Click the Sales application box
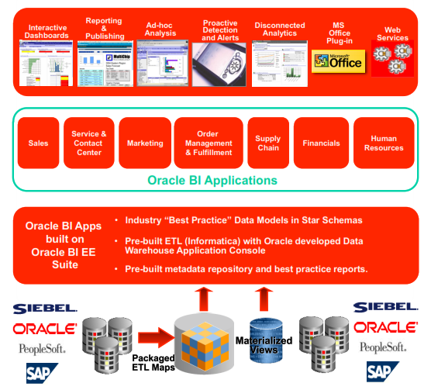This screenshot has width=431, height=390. pos(38,143)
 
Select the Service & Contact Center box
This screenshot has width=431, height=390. pos(88,143)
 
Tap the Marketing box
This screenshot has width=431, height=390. pos(144,143)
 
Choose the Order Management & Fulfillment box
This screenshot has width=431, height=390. pos(204,143)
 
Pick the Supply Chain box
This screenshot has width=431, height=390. pos(268,143)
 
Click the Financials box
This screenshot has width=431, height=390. pos(320,143)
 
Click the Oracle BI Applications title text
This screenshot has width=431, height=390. pos(212,181)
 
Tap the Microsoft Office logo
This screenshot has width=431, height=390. pos(336,60)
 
